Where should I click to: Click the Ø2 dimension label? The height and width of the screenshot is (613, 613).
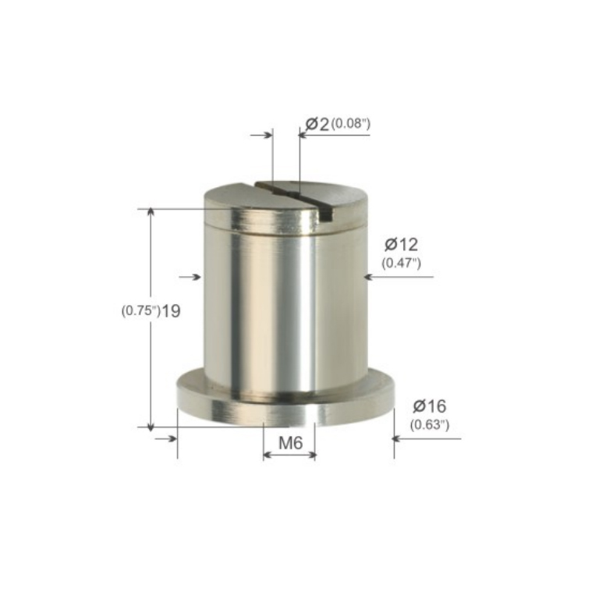tap(317, 124)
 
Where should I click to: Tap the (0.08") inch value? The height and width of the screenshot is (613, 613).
tap(351, 124)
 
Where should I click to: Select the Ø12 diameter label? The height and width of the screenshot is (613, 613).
tap(401, 244)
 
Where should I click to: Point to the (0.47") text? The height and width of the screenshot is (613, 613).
tap(401, 263)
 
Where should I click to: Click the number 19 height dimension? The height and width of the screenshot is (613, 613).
tap(171, 311)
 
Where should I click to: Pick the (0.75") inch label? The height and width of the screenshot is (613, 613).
tap(140, 311)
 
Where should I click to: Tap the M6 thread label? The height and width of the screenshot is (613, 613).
tap(290, 443)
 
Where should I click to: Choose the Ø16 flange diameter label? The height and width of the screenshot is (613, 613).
tap(429, 406)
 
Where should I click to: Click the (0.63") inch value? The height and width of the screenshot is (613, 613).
tap(430, 424)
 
